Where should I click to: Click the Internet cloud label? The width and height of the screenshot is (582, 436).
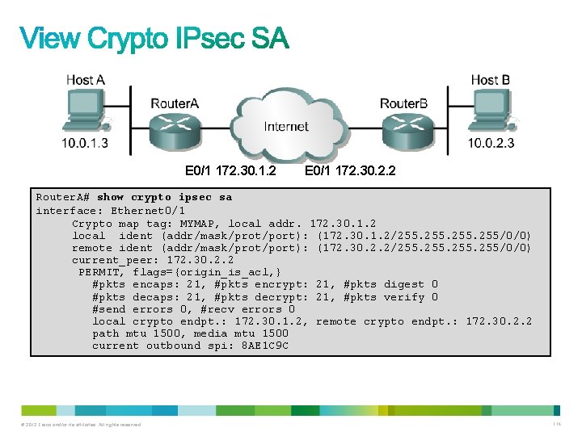click(x=286, y=127)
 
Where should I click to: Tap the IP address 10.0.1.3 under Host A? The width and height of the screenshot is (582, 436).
click(x=84, y=144)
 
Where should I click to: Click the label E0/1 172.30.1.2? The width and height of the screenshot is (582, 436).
click(x=230, y=171)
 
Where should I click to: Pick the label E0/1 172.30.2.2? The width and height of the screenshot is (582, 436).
click(x=350, y=171)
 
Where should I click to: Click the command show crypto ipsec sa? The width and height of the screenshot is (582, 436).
click(x=164, y=198)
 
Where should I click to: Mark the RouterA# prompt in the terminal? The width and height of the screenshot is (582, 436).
click(x=64, y=198)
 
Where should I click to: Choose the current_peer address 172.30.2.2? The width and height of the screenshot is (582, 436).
click(x=200, y=260)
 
